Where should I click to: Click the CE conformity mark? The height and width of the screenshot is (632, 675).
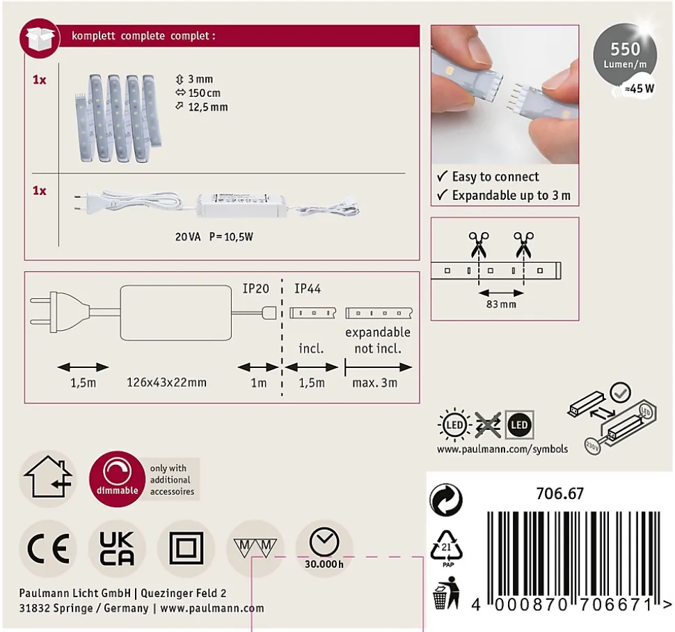pyautogui.click(x=48, y=548)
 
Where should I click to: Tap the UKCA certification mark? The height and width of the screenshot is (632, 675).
pyautogui.click(x=117, y=548)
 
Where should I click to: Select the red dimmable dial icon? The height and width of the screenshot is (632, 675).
pyautogui.click(x=117, y=479)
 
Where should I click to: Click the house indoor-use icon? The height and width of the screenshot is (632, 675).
pyautogui.click(x=48, y=478)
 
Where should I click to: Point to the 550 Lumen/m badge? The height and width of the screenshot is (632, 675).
pyautogui.click(x=625, y=55)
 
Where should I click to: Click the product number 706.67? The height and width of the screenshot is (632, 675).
pyautogui.click(x=559, y=493)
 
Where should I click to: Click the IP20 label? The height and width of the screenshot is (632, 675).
pyautogui.click(x=255, y=288)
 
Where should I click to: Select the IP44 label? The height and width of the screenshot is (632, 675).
pyautogui.click(x=308, y=288)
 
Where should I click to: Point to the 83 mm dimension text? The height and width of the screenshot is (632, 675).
pyautogui.click(x=501, y=305)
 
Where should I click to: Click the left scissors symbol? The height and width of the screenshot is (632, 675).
pyautogui.click(x=478, y=244)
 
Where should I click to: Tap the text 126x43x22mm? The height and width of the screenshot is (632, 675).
pyautogui.click(x=166, y=383)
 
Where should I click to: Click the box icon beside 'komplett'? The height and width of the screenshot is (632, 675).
pyautogui.click(x=40, y=38)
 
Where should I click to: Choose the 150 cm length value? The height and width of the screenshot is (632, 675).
pyautogui.click(x=204, y=93)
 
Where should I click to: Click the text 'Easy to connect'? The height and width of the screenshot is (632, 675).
pyautogui.click(x=495, y=177)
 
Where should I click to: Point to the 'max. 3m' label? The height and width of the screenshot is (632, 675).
pyautogui.click(x=374, y=383)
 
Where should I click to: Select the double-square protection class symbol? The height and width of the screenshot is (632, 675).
pyautogui.click(x=186, y=548)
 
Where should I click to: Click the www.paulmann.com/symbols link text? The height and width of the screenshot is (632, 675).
pyautogui.click(x=502, y=449)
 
